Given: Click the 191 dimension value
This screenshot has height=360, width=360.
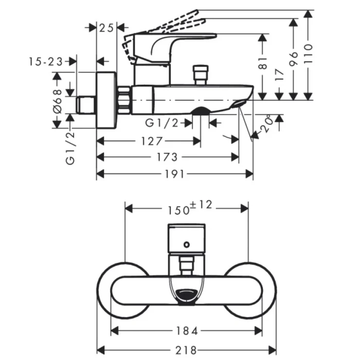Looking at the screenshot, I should click(x=175, y=174).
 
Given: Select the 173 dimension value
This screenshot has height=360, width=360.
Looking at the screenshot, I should click(x=166, y=157).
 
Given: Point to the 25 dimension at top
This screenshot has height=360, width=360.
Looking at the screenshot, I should click(x=107, y=28).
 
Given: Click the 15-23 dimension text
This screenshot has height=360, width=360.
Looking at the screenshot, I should click(x=46, y=62).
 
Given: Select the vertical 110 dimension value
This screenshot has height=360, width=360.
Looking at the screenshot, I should click(x=309, y=53).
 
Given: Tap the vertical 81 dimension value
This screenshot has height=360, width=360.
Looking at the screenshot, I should click(x=263, y=63).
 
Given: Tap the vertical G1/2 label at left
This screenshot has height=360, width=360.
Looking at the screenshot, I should click(x=70, y=147).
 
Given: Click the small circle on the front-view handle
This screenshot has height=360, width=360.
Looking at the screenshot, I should click(x=188, y=245).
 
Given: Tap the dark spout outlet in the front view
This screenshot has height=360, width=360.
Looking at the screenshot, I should click(x=187, y=295).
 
